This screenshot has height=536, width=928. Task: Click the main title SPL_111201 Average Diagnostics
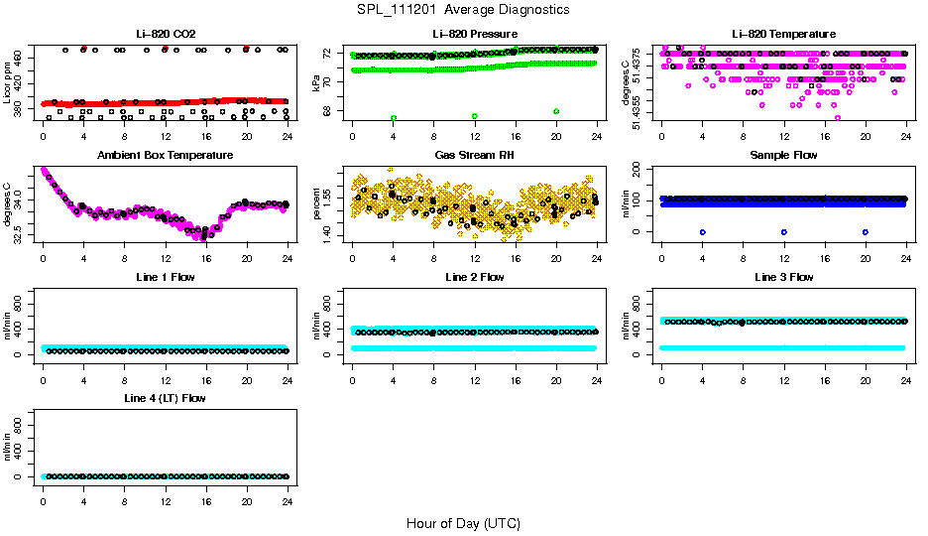point(463,9)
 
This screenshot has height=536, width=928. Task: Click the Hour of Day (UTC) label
point(463,523)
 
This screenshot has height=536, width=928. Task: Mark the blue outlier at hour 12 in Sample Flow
point(784,231)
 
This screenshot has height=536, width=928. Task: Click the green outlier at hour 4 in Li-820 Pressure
point(394,117)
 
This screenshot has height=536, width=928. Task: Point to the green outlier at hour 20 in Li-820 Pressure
point(556,111)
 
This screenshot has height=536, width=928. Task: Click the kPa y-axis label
point(316,84)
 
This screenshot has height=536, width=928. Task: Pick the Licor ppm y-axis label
point(7,84)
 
